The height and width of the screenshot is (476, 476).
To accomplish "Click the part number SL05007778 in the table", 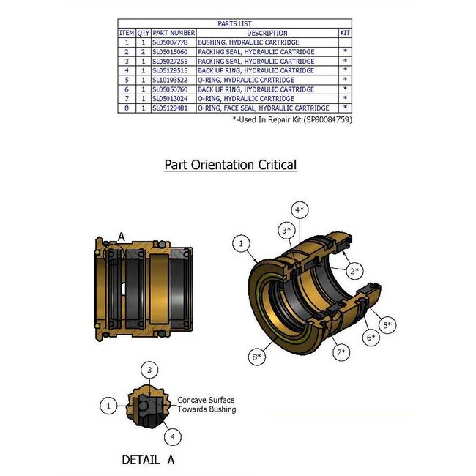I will [x=174, y=43].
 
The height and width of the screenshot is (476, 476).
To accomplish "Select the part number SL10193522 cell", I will [x=174, y=80].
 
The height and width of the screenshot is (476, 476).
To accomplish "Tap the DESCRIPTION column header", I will [x=267, y=33].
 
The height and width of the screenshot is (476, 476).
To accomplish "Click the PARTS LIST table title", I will [x=234, y=23].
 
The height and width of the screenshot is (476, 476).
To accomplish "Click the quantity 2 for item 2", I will [x=144, y=53].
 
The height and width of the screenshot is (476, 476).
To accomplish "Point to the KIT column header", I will [x=344, y=33].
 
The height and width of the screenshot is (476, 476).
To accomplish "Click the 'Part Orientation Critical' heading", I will [x=230, y=165].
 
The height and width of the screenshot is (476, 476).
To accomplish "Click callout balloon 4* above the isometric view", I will [x=299, y=209].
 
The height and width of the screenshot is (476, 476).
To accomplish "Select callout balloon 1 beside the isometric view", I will [x=242, y=242].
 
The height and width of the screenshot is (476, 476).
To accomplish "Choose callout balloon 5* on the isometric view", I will [x=386, y=324].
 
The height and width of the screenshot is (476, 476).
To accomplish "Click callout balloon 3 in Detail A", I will [x=149, y=370].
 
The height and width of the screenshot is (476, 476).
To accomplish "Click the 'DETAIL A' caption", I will [x=148, y=461].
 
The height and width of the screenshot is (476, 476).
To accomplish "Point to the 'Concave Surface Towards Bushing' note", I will [x=207, y=405].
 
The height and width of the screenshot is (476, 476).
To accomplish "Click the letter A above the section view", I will [x=122, y=237].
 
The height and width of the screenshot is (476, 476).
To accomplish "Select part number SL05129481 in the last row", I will [x=174, y=108].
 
